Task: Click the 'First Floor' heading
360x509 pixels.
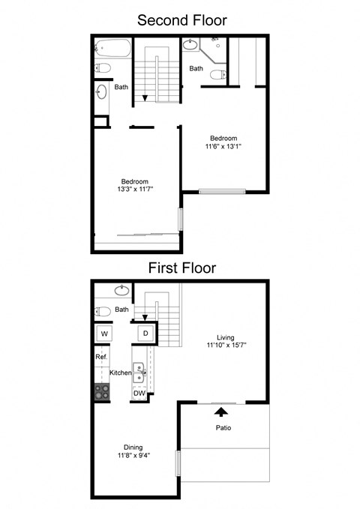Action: tap(181, 267)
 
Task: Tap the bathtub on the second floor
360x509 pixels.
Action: tap(114, 50)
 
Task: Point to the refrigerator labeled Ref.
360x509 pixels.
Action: tap(101, 358)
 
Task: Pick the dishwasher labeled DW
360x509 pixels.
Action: tap(139, 393)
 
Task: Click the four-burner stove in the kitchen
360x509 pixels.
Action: tap(101, 391)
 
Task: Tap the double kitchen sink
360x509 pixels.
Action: tap(139, 370)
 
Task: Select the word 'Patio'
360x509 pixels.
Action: tap(223, 429)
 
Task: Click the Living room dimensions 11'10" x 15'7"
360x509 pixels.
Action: tap(226, 346)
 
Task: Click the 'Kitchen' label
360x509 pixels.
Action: tap(121, 373)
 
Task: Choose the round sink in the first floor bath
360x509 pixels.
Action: tap(120, 290)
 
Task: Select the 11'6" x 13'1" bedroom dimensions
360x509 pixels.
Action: tap(223, 147)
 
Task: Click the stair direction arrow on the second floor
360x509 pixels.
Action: tap(145, 97)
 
